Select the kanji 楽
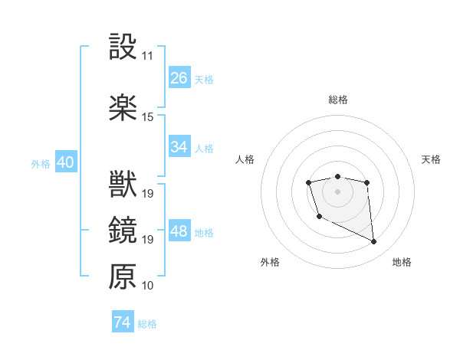[x=123, y=108]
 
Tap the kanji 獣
[x=123, y=185]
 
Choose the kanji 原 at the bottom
[x=123, y=277]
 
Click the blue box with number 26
[x=179, y=78]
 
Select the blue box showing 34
[x=179, y=147]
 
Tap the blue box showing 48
[x=179, y=231]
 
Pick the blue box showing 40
[x=65, y=162]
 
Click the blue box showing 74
[x=122, y=322]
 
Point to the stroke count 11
[x=147, y=56]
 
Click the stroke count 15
[x=147, y=117]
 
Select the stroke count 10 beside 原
[x=147, y=286]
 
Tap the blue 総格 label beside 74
[x=147, y=324]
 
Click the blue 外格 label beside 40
[x=40, y=163]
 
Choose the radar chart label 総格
[x=337, y=100]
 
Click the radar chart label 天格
[x=431, y=159]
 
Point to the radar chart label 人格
[x=245, y=159]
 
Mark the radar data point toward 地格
[x=374, y=242]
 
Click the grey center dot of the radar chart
[x=337, y=190]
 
